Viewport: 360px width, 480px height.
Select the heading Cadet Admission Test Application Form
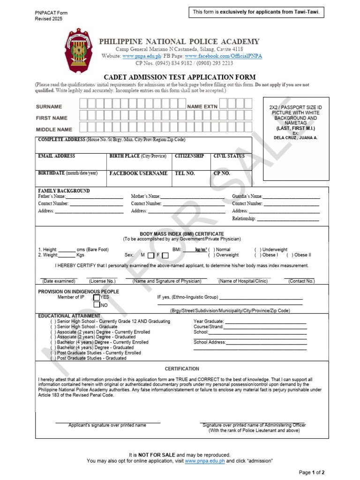click(180, 77)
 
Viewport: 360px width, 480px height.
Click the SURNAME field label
click(49, 107)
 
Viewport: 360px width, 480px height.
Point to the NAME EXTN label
click(202, 107)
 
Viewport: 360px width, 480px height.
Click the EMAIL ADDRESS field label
click(56, 156)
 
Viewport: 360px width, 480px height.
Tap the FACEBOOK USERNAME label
click(138, 173)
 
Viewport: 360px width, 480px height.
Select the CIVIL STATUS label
click(229, 156)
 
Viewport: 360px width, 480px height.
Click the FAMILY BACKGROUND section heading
click(64, 191)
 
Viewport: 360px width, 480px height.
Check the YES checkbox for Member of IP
click(97, 297)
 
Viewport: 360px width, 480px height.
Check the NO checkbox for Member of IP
click(97, 305)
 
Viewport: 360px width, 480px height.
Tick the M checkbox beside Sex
click(150, 255)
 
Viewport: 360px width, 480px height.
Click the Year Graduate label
click(209, 322)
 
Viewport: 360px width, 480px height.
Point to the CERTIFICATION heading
click(182, 369)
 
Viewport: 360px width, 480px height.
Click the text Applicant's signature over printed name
click(107, 425)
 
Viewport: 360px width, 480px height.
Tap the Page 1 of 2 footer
click(312, 472)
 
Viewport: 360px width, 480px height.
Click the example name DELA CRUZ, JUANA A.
click(296, 138)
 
